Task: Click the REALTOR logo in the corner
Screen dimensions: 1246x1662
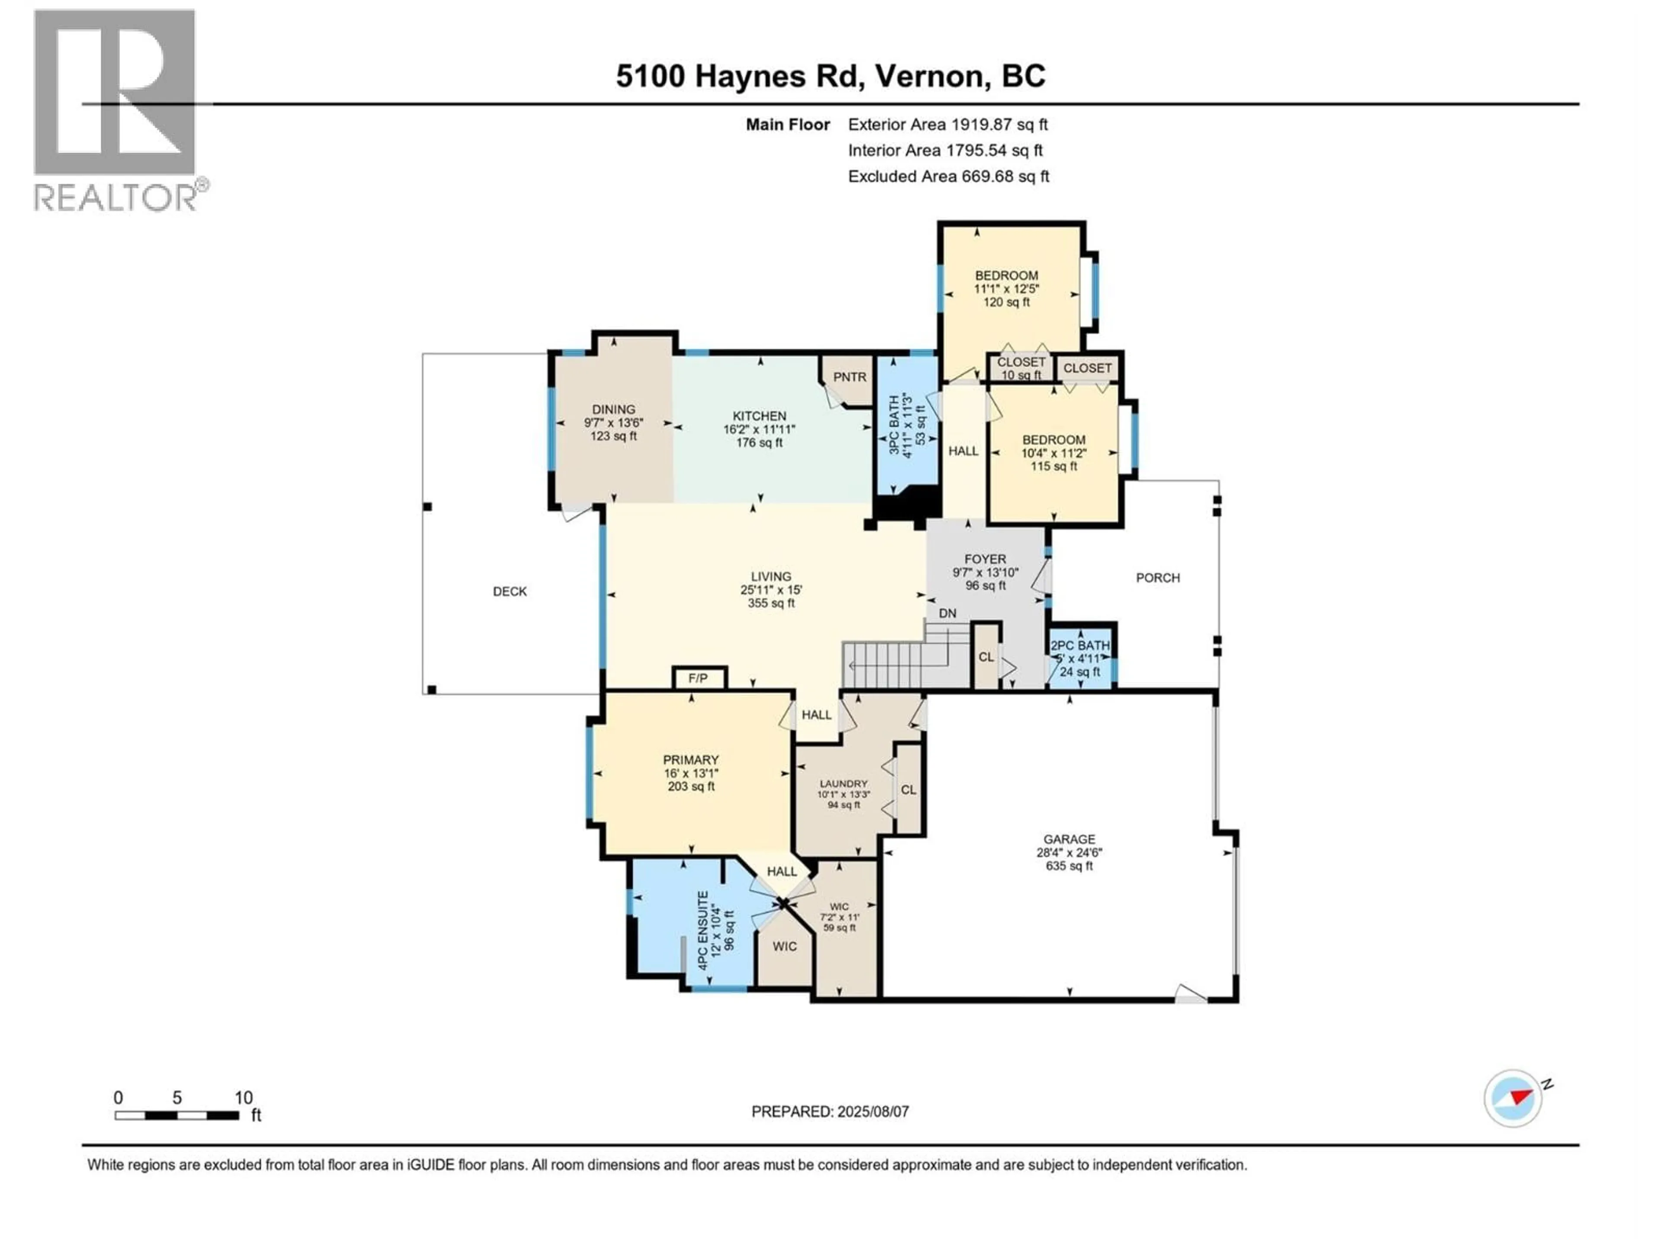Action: pos(116,109)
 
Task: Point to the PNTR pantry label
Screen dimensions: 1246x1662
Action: pos(849,377)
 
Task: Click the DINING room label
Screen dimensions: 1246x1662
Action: pos(613,409)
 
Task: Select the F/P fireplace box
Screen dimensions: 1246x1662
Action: pos(698,678)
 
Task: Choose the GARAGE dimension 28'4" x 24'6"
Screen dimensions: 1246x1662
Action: pos(1069,852)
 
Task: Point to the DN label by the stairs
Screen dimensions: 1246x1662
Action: pos(947,613)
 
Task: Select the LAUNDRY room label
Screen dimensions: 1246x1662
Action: pos(843,784)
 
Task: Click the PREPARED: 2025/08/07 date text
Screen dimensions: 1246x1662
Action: pos(830,1111)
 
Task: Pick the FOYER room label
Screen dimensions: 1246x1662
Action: pos(985,559)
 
